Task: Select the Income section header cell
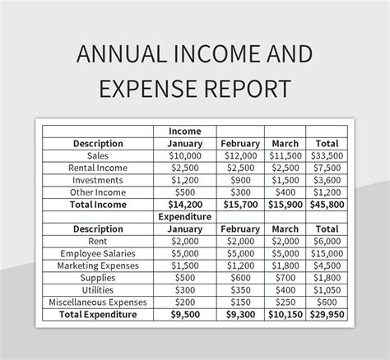click(185, 131)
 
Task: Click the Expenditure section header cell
click(185, 216)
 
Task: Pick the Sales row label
click(98, 155)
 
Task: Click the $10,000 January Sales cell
click(185, 155)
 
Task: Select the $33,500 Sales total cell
click(327, 155)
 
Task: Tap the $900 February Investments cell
click(240, 179)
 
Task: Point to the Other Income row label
click(98, 192)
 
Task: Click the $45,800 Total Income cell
click(327, 204)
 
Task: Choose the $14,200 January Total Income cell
click(185, 204)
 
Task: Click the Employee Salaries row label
click(98, 253)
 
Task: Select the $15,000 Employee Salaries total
click(327, 253)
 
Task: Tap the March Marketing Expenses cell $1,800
click(285, 265)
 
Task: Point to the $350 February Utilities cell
click(240, 289)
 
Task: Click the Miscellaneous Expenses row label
click(98, 302)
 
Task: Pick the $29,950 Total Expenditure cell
click(327, 314)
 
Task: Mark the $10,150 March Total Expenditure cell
click(285, 314)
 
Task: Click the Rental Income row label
click(98, 168)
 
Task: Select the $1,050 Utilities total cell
click(327, 289)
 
